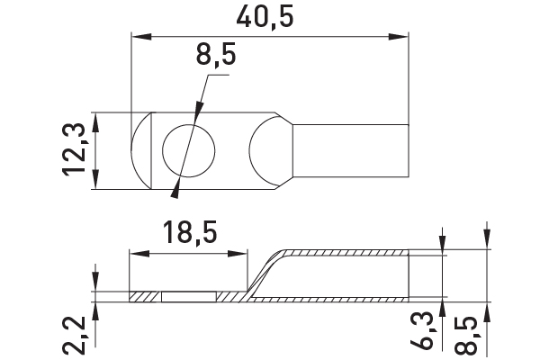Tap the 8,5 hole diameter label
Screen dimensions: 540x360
216,55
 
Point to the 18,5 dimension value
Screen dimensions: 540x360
190,233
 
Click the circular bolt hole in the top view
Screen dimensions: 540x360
189,151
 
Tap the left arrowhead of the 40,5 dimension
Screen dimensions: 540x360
141,37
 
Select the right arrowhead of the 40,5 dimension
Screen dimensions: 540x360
399,37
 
